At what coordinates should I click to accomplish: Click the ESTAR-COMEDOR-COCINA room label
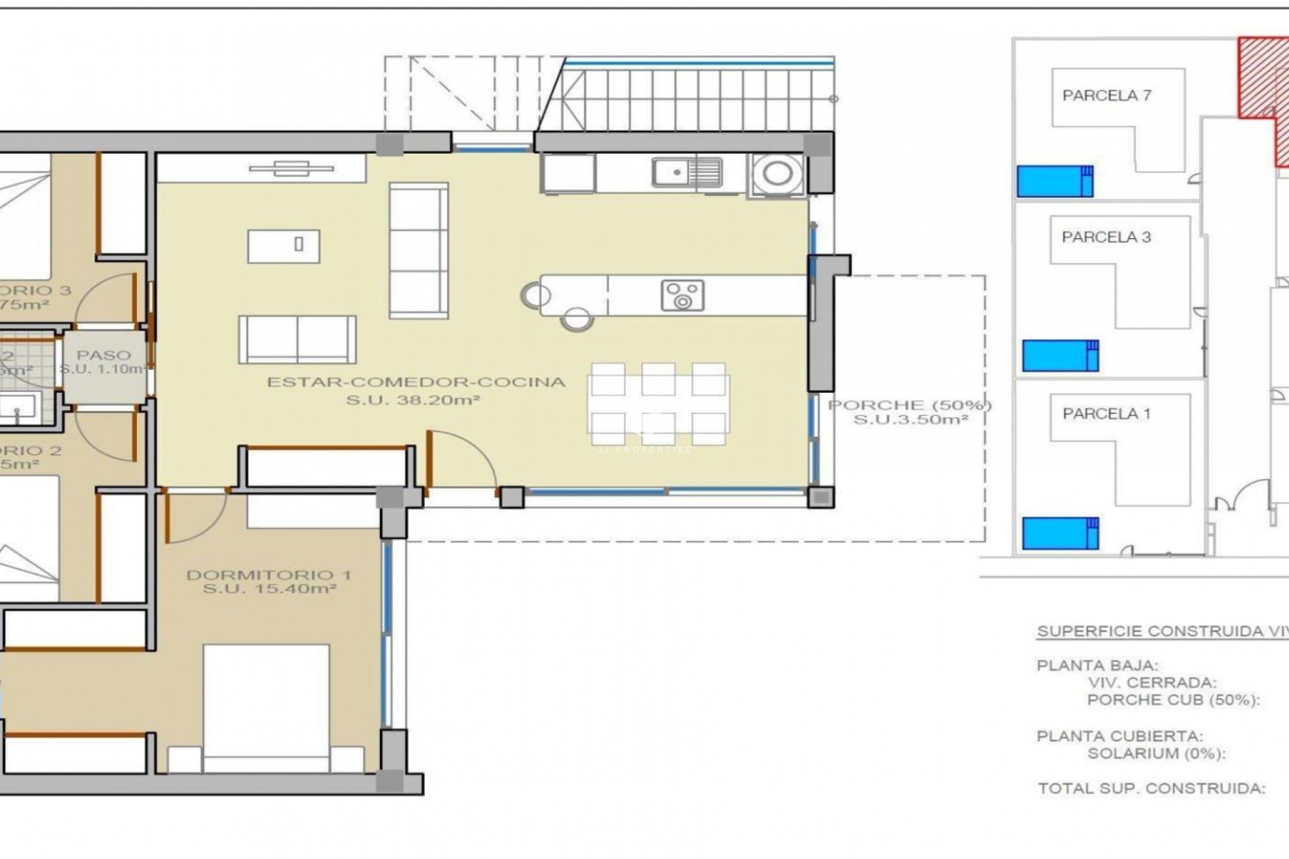coord(416,383)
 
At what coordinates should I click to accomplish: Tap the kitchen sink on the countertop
coord(686,173)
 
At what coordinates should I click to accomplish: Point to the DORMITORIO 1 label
coord(269,575)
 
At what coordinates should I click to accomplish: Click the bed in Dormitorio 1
coord(267,705)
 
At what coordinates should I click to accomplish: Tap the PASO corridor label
coord(103,355)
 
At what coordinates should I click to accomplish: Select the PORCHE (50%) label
coord(910,405)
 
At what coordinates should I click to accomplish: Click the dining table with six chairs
coord(658,403)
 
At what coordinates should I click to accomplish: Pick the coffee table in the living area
coord(283,246)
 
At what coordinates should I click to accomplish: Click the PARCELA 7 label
coord(1106,96)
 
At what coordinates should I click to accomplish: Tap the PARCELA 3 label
coord(1106,237)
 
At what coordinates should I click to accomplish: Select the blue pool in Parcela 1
coord(1060,533)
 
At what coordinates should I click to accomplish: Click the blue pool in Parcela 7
coord(1055,181)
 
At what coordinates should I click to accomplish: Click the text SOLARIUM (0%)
coord(1156,754)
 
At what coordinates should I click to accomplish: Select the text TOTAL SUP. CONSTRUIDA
coord(1151,789)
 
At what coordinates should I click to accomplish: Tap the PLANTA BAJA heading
coord(1097,666)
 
